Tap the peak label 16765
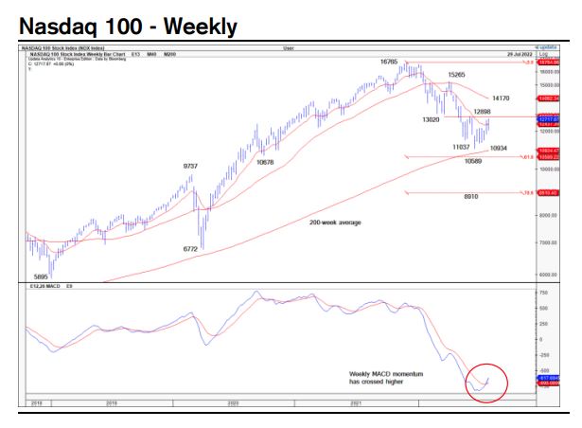point(390,62)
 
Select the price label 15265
point(457,74)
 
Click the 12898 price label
point(483,112)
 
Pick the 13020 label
point(432,120)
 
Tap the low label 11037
point(462,147)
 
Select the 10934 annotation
point(500,149)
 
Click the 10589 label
point(474,161)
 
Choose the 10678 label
point(265,162)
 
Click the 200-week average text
point(335,223)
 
